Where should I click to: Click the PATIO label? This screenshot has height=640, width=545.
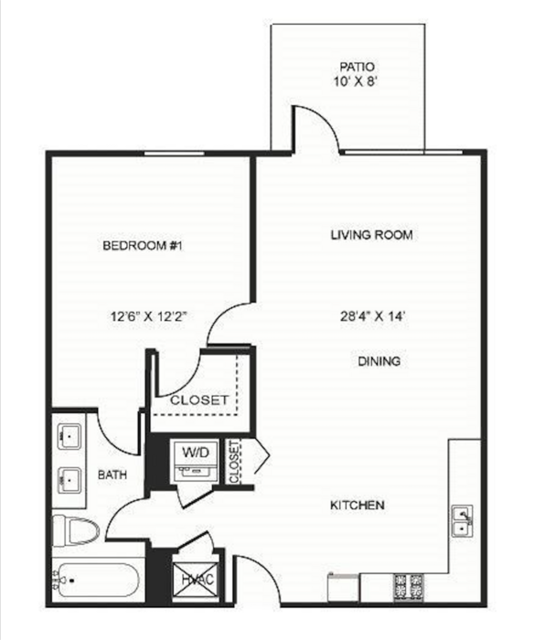(x=357, y=67)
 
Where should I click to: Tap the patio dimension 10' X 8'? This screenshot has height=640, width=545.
(x=357, y=82)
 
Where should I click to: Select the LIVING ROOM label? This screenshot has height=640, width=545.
(x=372, y=235)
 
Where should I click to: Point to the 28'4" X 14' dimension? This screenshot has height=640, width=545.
(x=371, y=317)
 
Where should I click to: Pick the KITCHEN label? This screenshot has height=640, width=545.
(x=357, y=506)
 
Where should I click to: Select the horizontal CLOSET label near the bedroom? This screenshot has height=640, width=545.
(x=199, y=400)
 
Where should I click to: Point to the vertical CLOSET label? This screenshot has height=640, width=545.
(x=235, y=463)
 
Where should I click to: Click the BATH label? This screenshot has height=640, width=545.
(x=112, y=475)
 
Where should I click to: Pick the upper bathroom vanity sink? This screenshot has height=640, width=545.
(x=69, y=434)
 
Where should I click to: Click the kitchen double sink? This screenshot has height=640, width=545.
(x=462, y=521)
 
